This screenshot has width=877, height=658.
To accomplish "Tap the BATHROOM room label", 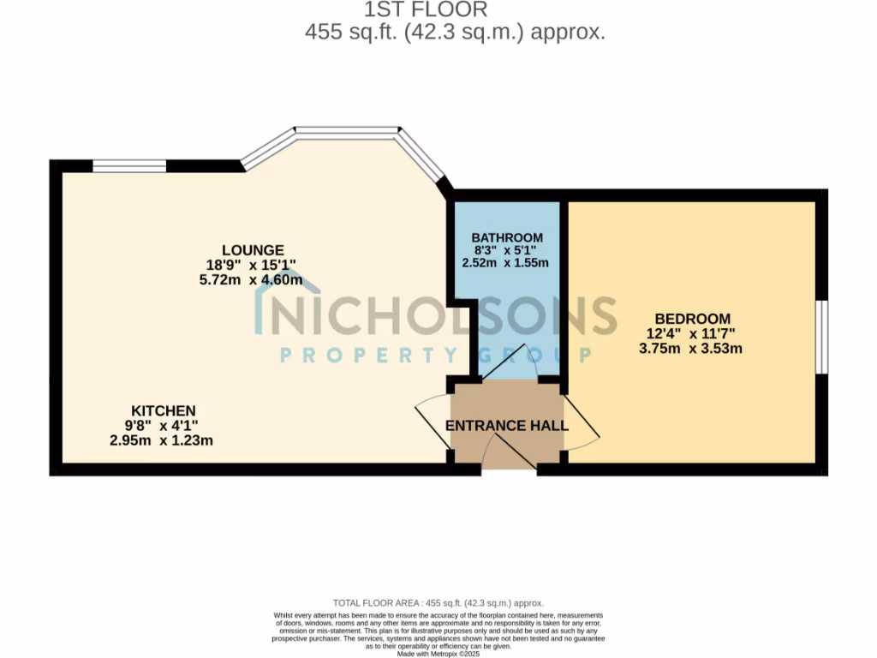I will (x=507, y=237).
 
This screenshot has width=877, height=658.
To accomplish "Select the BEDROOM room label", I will (x=693, y=318).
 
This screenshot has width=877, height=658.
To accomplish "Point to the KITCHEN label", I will (x=163, y=410).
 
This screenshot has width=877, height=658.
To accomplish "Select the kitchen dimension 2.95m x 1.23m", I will (x=161, y=440).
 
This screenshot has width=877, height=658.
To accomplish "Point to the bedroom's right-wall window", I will (x=820, y=337).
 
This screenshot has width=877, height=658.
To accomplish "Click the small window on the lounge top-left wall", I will (x=129, y=166).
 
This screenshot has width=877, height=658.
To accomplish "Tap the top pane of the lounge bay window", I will (x=347, y=132).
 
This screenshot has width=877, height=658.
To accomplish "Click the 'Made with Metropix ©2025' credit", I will (x=438, y=654).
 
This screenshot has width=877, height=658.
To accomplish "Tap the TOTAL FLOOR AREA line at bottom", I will (x=438, y=603).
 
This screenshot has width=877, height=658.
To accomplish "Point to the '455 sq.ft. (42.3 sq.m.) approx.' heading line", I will (x=455, y=33).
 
